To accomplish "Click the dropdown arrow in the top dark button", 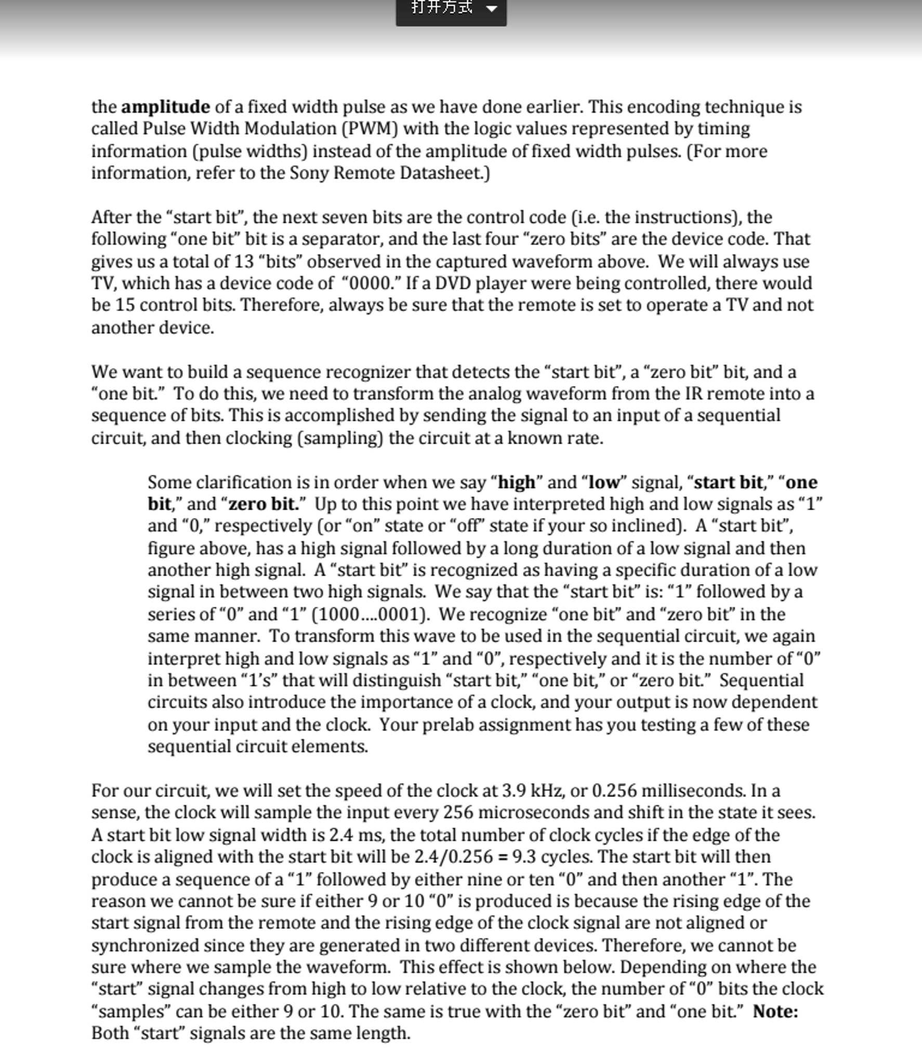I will [491, 8].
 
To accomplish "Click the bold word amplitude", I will [165, 107].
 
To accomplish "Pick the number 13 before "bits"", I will [243, 261].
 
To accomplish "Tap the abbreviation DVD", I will [452, 284].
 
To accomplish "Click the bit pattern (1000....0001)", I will [370, 615].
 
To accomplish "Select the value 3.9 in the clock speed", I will [513, 791].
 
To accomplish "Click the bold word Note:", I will [775, 1012].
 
